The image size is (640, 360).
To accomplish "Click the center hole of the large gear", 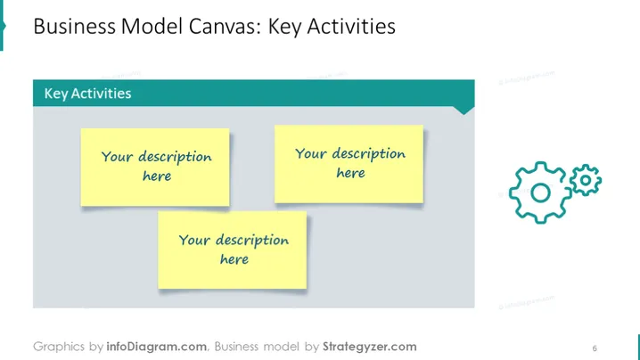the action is click(540, 192).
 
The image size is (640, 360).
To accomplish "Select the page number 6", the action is click(595, 348).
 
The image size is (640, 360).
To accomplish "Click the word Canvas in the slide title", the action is click(225, 27).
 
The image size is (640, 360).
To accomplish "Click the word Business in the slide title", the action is click(75, 27).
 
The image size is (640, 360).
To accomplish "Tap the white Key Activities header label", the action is click(87, 94).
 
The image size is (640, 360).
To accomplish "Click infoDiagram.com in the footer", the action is click(157, 347).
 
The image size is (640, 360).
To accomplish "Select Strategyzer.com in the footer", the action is click(370, 347).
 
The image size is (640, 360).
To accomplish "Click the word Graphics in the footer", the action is click(59, 347).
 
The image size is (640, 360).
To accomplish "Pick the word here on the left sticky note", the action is click(157, 176).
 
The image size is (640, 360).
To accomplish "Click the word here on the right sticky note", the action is click(350, 173).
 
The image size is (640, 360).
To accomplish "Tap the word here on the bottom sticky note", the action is click(234, 259).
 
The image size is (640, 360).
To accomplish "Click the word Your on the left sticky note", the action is click(117, 156).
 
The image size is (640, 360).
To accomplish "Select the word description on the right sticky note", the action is click(368, 154).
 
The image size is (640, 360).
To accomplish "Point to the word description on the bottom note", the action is click(252, 241).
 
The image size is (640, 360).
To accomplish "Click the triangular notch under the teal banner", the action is click(464, 110).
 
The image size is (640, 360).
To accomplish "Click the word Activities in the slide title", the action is click(352, 27).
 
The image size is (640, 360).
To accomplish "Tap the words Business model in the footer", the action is click(257, 347).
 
